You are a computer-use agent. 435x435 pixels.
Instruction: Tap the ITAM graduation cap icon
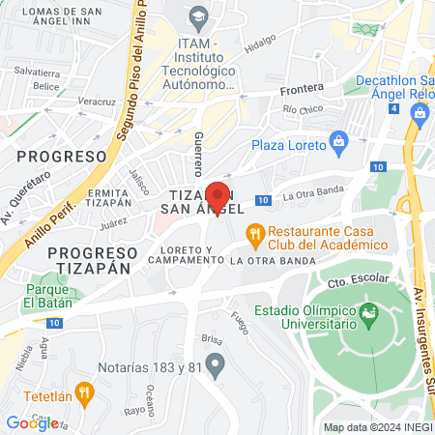pyautogui.click(x=200, y=15)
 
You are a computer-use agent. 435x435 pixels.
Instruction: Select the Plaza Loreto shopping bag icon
pyautogui.click(x=339, y=144)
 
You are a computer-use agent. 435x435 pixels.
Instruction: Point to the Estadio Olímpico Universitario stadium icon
pyautogui.click(x=368, y=313)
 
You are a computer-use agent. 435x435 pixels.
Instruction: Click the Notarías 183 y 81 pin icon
pyautogui.click(x=216, y=366)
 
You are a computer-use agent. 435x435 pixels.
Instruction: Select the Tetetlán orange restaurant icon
pyautogui.click(x=84, y=392)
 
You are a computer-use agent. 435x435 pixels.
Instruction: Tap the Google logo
pyautogui.click(x=32, y=422)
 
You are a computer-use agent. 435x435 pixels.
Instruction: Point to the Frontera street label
pyautogui.click(x=302, y=88)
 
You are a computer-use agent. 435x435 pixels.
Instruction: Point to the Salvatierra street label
pyautogui.click(x=37, y=72)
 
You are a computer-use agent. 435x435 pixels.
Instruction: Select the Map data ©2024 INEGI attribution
pyautogui.click(x=377, y=427)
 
